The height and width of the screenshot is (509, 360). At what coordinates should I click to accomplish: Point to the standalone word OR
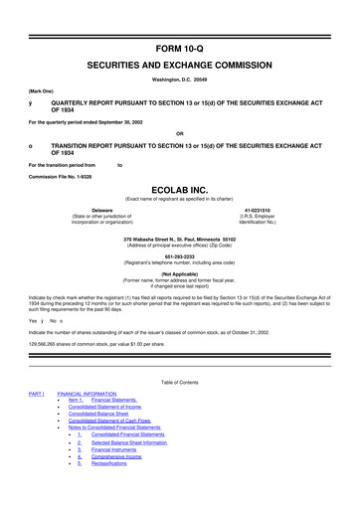click(x=180, y=134)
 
